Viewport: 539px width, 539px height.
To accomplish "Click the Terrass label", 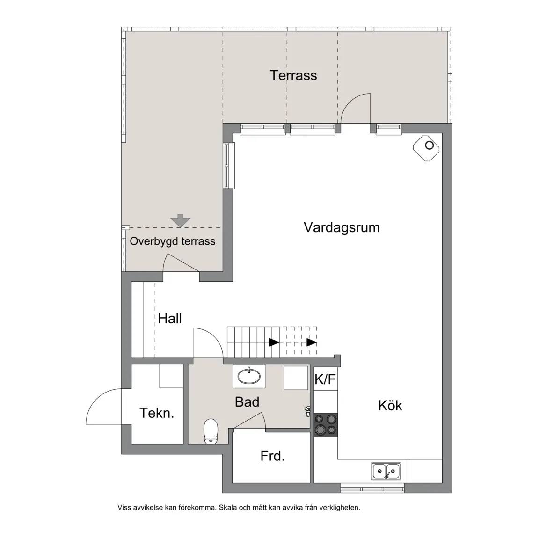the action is pyautogui.click(x=293, y=75).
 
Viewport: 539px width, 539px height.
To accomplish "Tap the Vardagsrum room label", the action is pyautogui.click(x=342, y=227).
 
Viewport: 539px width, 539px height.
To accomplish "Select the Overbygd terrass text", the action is pyautogui.click(x=173, y=241).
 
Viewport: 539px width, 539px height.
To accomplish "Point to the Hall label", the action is pyautogui.click(x=170, y=318).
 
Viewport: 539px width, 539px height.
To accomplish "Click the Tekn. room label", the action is pyautogui.click(x=157, y=413).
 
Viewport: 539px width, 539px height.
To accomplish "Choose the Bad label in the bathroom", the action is pyautogui.click(x=247, y=401).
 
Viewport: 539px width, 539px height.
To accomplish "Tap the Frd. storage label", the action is pyautogui.click(x=273, y=456).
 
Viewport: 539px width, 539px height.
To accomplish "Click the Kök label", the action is pyautogui.click(x=390, y=405).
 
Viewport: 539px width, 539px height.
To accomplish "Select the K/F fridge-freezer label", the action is pyautogui.click(x=325, y=379).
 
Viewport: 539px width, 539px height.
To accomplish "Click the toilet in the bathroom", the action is pyautogui.click(x=211, y=431).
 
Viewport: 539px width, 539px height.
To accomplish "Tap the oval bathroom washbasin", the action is pyautogui.click(x=249, y=376).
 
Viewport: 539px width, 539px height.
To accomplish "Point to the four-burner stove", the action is pyautogui.click(x=326, y=425).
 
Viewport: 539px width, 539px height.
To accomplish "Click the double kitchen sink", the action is pyautogui.click(x=386, y=471).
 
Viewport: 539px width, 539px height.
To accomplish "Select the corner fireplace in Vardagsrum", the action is pyautogui.click(x=426, y=147).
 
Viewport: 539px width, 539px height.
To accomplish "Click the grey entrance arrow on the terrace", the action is pyautogui.click(x=181, y=220).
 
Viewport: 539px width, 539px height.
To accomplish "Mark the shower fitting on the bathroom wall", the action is pyautogui.click(x=308, y=411).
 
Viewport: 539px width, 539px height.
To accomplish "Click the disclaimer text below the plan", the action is pyautogui.click(x=239, y=507).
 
